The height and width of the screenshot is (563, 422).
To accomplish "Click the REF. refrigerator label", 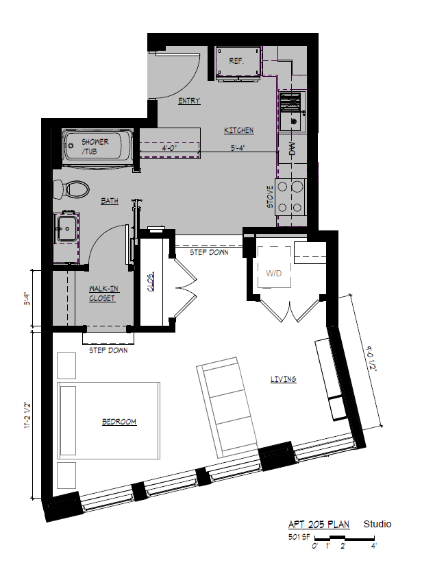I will coord(237,61).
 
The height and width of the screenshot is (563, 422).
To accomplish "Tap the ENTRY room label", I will coord(189,101).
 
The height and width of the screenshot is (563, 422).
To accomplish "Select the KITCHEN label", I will coord(239,130).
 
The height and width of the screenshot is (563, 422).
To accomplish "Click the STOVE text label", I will coord(270,197).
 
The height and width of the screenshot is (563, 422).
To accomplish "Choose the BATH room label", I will coord(109,201).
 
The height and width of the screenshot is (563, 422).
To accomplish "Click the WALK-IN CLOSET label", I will coord(101,294).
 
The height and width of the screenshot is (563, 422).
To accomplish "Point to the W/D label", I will coord(274,273).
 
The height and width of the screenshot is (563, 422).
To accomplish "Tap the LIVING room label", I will coord(283,379).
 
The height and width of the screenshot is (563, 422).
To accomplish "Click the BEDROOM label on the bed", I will coord(119,421).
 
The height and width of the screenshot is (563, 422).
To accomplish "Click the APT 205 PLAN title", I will coord(321,525).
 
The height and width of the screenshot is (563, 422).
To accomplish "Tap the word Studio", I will coord(377,524).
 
